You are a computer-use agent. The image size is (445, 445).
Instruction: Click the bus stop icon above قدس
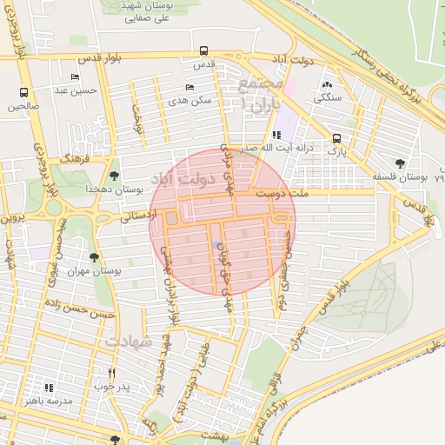click(203, 50)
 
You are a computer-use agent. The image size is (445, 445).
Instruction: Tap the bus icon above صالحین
click(23, 92)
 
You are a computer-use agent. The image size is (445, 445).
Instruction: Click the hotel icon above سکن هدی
click(190, 88)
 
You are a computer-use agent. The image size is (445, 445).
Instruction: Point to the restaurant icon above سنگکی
click(327, 85)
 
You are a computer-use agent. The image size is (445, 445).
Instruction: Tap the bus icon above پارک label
click(336, 138)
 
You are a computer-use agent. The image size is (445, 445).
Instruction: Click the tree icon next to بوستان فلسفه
click(400, 163)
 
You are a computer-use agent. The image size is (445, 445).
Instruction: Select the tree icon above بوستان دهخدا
click(115, 176)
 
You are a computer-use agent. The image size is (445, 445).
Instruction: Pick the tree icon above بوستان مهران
click(94, 257)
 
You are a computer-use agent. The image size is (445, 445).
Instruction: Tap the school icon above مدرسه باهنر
click(49, 387)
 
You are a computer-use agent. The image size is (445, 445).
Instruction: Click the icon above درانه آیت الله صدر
click(276, 135)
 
